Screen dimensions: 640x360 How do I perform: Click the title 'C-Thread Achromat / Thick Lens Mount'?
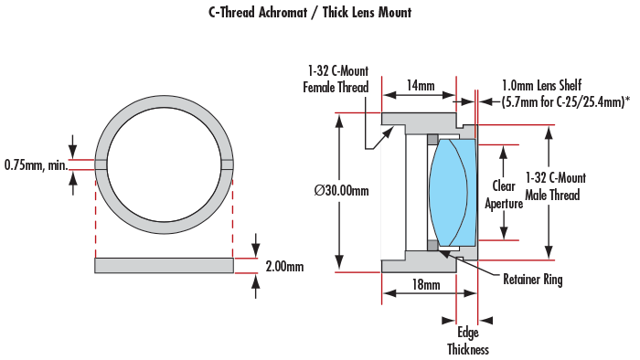pyautogui.click(x=310, y=12)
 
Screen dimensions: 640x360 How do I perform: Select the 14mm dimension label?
pyautogui.click(x=421, y=85)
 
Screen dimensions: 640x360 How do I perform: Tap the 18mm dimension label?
pyautogui.click(x=426, y=284)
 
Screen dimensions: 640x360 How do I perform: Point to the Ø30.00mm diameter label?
pyautogui.click(x=342, y=190)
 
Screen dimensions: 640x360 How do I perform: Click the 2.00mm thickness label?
pyautogui.click(x=284, y=267)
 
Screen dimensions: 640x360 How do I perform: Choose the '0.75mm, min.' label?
pyautogui.click(x=36, y=165)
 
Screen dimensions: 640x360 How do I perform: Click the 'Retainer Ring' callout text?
pyautogui.click(x=533, y=280)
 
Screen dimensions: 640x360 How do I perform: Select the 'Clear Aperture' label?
pyautogui.click(x=504, y=195)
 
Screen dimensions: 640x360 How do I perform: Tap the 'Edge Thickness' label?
pyautogui.click(x=468, y=341)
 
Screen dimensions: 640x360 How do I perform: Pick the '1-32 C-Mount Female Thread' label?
pyautogui.click(x=336, y=79)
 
